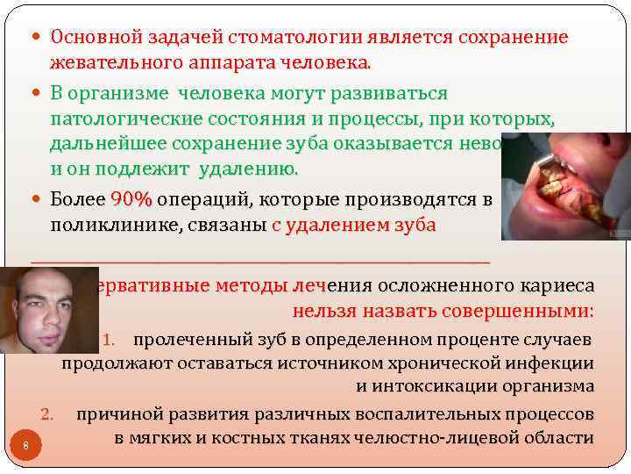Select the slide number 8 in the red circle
[26, 446]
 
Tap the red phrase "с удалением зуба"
[353, 226]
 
